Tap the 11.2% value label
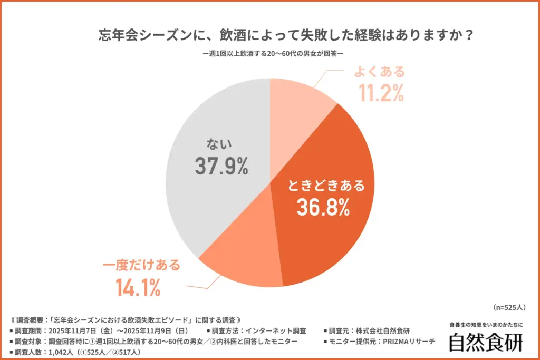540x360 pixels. click(381, 93)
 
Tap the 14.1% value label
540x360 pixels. click(138, 288)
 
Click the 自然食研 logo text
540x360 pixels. click(486, 342)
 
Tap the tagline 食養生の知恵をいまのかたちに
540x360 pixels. click(486, 324)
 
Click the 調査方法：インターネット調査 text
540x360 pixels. click(258, 331)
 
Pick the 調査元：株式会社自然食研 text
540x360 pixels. click(367, 331)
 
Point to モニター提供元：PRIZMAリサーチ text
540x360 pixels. click(379, 342)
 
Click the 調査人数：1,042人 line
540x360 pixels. click(77, 352)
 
